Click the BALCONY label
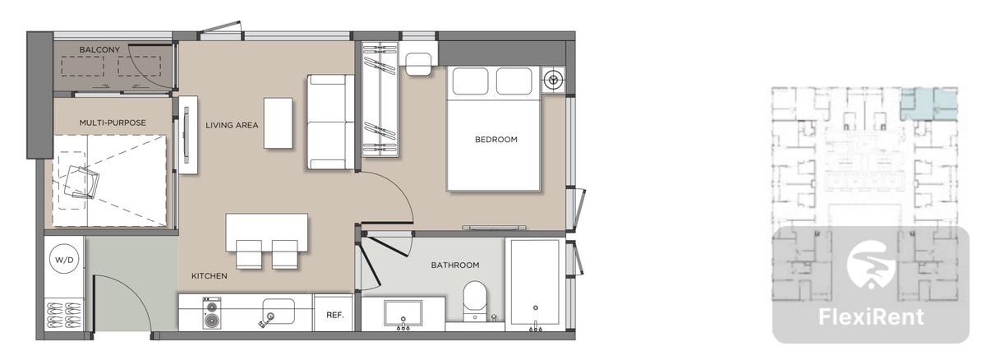pyautogui.click(x=99, y=50)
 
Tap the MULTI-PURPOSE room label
pyautogui.click(x=113, y=122)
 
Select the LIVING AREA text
pyautogui.click(x=232, y=126)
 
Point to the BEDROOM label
pyautogui.click(x=496, y=140)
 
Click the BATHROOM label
pyautogui.click(x=455, y=265)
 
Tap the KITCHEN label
pyautogui.click(x=210, y=276)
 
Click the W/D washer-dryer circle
pyautogui.click(x=64, y=260)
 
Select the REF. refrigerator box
pyautogui.click(x=334, y=313)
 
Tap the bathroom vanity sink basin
pyautogui.click(x=403, y=313)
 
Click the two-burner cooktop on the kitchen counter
pyautogui.click(x=212, y=313)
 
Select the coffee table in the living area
pyautogui.click(x=279, y=122)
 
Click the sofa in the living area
pyautogui.click(x=330, y=122)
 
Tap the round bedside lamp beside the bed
pyautogui.click(x=553, y=80)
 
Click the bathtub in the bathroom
pyautogui.click(x=535, y=284)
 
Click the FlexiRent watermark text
pyautogui.click(x=871, y=317)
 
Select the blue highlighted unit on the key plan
pyautogui.click(x=928, y=104)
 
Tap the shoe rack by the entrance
pyautogui.click(x=64, y=316)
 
